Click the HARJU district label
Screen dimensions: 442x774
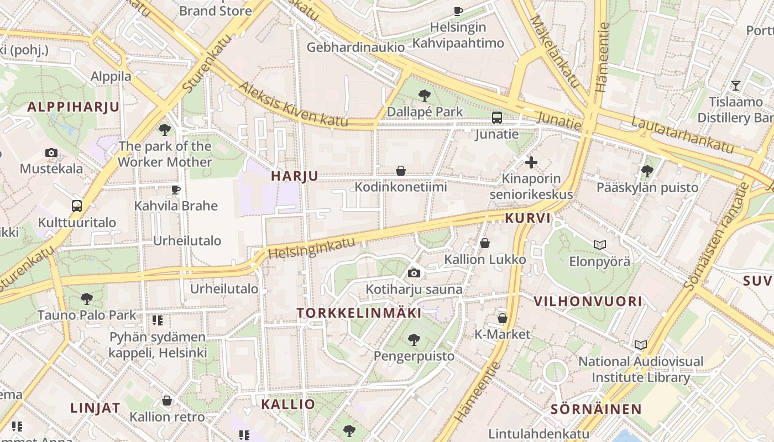coord(295,176)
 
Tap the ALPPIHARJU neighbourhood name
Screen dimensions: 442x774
coord(74,107)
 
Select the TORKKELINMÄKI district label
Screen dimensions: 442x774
coord(359,313)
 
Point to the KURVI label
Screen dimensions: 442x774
coord(528,218)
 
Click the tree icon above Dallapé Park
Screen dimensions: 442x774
coord(425,96)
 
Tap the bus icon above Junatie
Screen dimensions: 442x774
coord(497,118)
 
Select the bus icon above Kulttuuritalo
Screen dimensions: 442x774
coord(77,207)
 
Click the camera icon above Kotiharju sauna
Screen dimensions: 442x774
coord(414,273)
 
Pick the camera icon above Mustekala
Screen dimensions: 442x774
coord(51,152)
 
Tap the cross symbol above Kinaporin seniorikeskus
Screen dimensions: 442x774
coord(531,162)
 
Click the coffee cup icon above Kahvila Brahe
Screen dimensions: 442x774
coord(176,190)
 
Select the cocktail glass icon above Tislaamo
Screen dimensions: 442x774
coord(736,86)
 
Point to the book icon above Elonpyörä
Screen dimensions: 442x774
coord(600,245)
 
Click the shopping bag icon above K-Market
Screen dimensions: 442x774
coord(503,318)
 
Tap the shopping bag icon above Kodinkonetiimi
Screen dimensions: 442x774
coord(401,171)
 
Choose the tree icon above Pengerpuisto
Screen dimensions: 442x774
coord(414,340)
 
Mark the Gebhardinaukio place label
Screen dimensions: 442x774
coord(356,48)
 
